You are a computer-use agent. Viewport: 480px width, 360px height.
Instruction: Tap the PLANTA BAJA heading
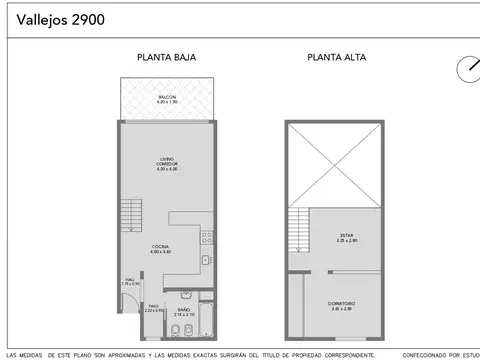(166, 58)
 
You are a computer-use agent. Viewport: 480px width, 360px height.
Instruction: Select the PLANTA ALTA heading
(336, 58)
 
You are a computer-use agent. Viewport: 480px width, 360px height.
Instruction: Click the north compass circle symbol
(466, 68)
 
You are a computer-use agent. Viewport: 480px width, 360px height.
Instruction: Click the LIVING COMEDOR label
(166, 162)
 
